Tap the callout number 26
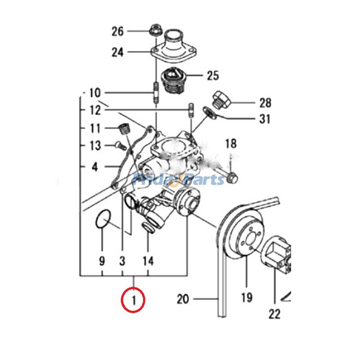[117, 31]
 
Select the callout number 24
[117, 53]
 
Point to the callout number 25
[212, 75]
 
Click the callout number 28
[265, 103]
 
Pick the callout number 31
[265, 119]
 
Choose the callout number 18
[230, 144]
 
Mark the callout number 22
[274, 313]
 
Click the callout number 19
[247, 297]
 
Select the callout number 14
[148, 261]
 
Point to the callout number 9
[102, 261]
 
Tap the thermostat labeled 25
[172, 80]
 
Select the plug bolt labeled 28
[221, 99]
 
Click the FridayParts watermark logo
[179, 180]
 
